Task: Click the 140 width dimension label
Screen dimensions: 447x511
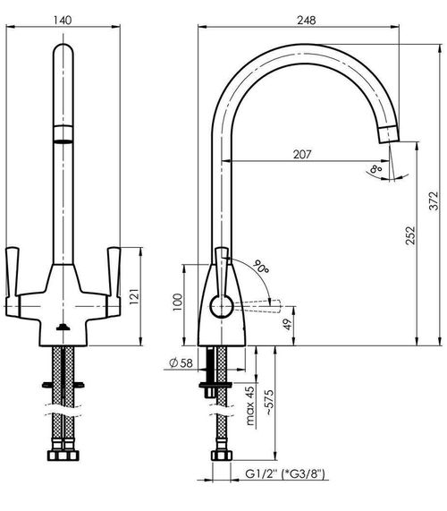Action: (x=63, y=21)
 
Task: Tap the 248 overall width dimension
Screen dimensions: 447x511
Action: (x=307, y=21)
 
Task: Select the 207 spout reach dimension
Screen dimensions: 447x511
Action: (x=302, y=154)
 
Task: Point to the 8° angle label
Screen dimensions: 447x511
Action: (x=375, y=169)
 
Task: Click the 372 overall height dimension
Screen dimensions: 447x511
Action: (x=434, y=200)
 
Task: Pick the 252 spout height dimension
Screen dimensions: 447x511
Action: (x=410, y=235)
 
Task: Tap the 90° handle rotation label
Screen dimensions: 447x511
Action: (x=261, y=267)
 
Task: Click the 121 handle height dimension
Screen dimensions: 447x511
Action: (x=134, y=296)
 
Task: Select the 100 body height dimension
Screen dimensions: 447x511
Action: (x=177, y=302)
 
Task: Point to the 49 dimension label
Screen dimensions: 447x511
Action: (x=288, y=324)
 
